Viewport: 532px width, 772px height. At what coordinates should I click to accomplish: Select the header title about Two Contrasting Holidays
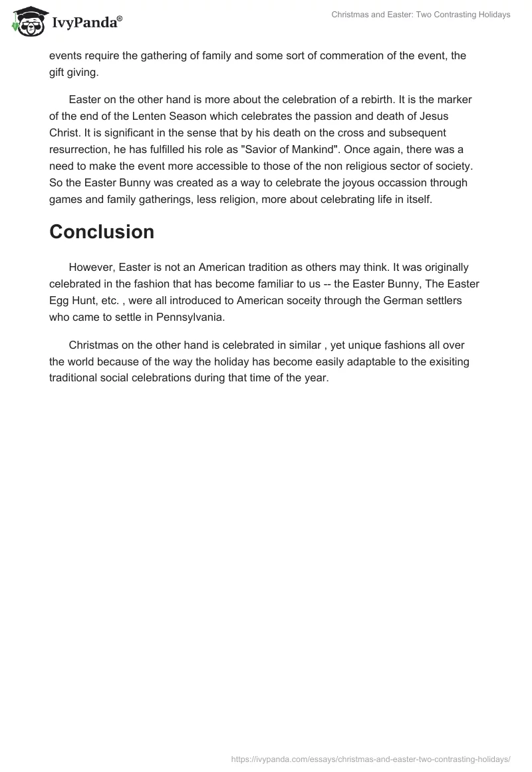(x=420, y=15)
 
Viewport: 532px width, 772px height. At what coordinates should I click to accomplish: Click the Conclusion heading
(x=102, y=232)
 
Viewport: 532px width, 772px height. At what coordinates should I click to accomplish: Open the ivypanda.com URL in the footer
(x=370, y=759)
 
